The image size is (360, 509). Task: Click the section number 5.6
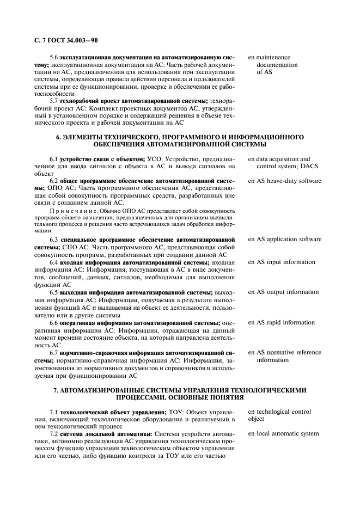click(x=54, y=57)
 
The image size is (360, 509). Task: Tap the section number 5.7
click(x=54, y=101)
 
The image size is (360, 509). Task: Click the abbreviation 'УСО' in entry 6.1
click(x=155, y=159)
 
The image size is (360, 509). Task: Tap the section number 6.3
click(x=54, y=239)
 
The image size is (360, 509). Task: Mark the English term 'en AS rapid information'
click(x=282, y=322)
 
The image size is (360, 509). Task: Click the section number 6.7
click(x=54, y=352)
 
